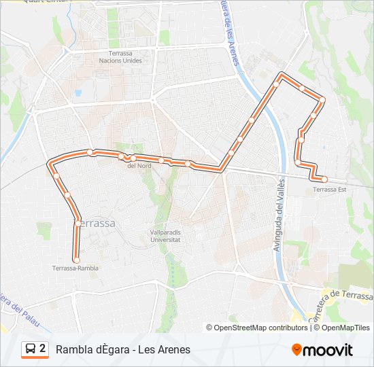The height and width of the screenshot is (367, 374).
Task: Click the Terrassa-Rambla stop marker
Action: (x=76, y=260)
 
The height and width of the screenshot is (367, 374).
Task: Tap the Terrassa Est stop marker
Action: (x=324, y=179)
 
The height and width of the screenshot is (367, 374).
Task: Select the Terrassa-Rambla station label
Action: (x=75, y=268)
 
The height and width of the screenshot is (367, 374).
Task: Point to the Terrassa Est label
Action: (x=330, y=190)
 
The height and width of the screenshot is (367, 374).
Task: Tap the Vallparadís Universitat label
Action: (x=165, y=236)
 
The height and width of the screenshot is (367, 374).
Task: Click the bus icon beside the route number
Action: (x=30, y=349)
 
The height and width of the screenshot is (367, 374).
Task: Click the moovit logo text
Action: (x=328, y=350)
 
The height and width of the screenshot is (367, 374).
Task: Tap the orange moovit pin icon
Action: (x=297, y=350)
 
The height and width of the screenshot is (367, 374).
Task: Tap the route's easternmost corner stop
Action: (x=322, y=100)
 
